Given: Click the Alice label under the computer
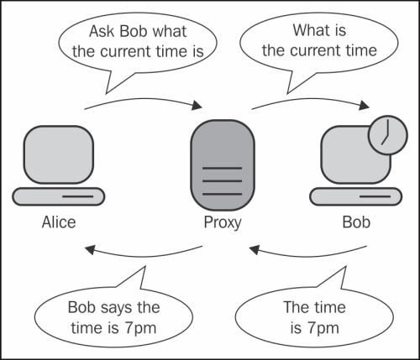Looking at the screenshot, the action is [x=59, y=222].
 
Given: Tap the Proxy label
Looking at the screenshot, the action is [x=223, y=223].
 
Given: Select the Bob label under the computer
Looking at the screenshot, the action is [x=356, y=222].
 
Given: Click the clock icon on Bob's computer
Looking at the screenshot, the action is [x=387, y=135].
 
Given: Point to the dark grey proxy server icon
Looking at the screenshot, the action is [x=223, y=165].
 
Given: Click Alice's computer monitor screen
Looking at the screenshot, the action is [x=59, y=154].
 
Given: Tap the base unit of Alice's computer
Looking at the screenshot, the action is [x=59, y=196].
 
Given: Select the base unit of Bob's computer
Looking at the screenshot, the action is [x=356, y=196].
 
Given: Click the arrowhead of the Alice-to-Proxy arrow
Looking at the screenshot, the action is [x=197, y=105].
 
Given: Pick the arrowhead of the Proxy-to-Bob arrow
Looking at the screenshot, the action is [x=365, y=105].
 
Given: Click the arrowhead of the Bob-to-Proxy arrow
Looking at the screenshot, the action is [x=255, y=249].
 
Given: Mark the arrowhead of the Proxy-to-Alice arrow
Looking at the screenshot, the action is [x=90, y=249].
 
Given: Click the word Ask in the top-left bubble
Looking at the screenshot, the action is [x=102, y=31].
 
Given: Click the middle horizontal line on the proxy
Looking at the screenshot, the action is [x=222, y=181].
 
